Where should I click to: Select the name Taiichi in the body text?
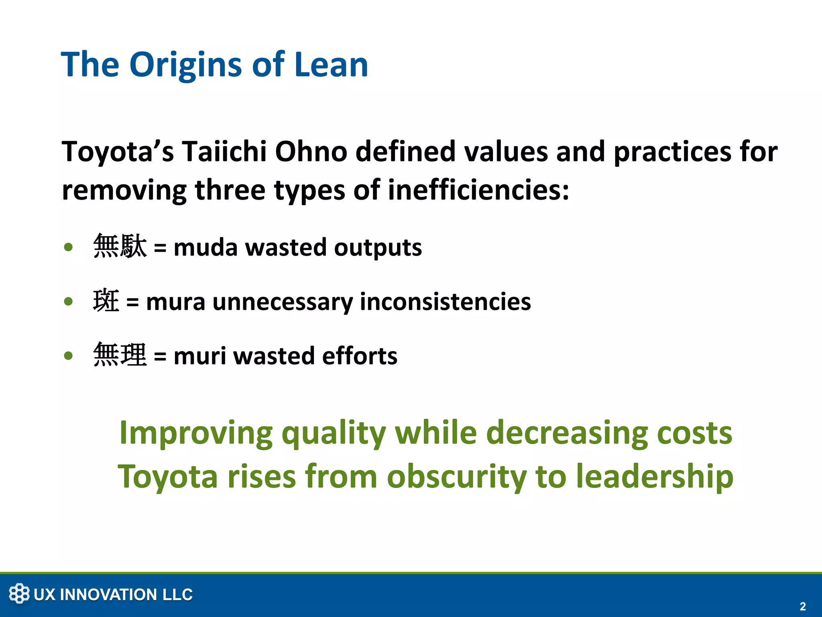(x=224, y=151)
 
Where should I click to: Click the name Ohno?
(x=311, y=151)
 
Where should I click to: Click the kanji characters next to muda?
(x=120, y=246)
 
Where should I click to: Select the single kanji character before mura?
(x=106, y=301)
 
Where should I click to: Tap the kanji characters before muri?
(x=120, y=355)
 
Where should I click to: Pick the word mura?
(x=175, y=302)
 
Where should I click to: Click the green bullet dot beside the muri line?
(x=69, y=355)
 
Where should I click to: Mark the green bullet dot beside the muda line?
(x=69, y=247)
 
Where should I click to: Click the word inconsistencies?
(x=445, y=302)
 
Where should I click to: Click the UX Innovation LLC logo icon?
(x=19, y=593)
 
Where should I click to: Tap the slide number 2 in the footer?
(x=802, y=606)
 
